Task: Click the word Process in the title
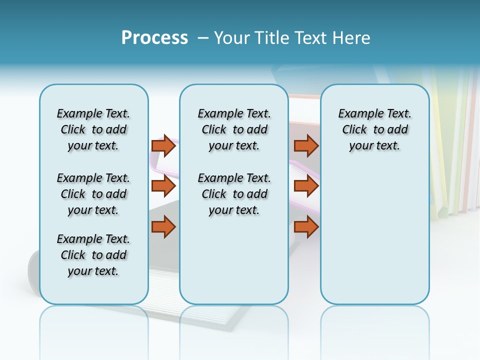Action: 154,38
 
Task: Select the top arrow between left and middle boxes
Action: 163,145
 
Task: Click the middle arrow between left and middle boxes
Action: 163,186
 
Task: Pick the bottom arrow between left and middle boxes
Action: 163,227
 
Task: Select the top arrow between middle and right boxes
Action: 306,145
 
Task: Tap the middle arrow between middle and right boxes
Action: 306,186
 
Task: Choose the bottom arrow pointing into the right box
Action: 306,227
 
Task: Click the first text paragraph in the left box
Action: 93,129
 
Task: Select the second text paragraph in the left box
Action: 93,194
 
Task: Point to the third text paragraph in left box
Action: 93,255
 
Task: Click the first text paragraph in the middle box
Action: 234,129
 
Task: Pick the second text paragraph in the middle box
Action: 234,194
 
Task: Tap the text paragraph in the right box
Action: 374,129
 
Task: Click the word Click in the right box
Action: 354,130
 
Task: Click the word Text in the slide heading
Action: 311,38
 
